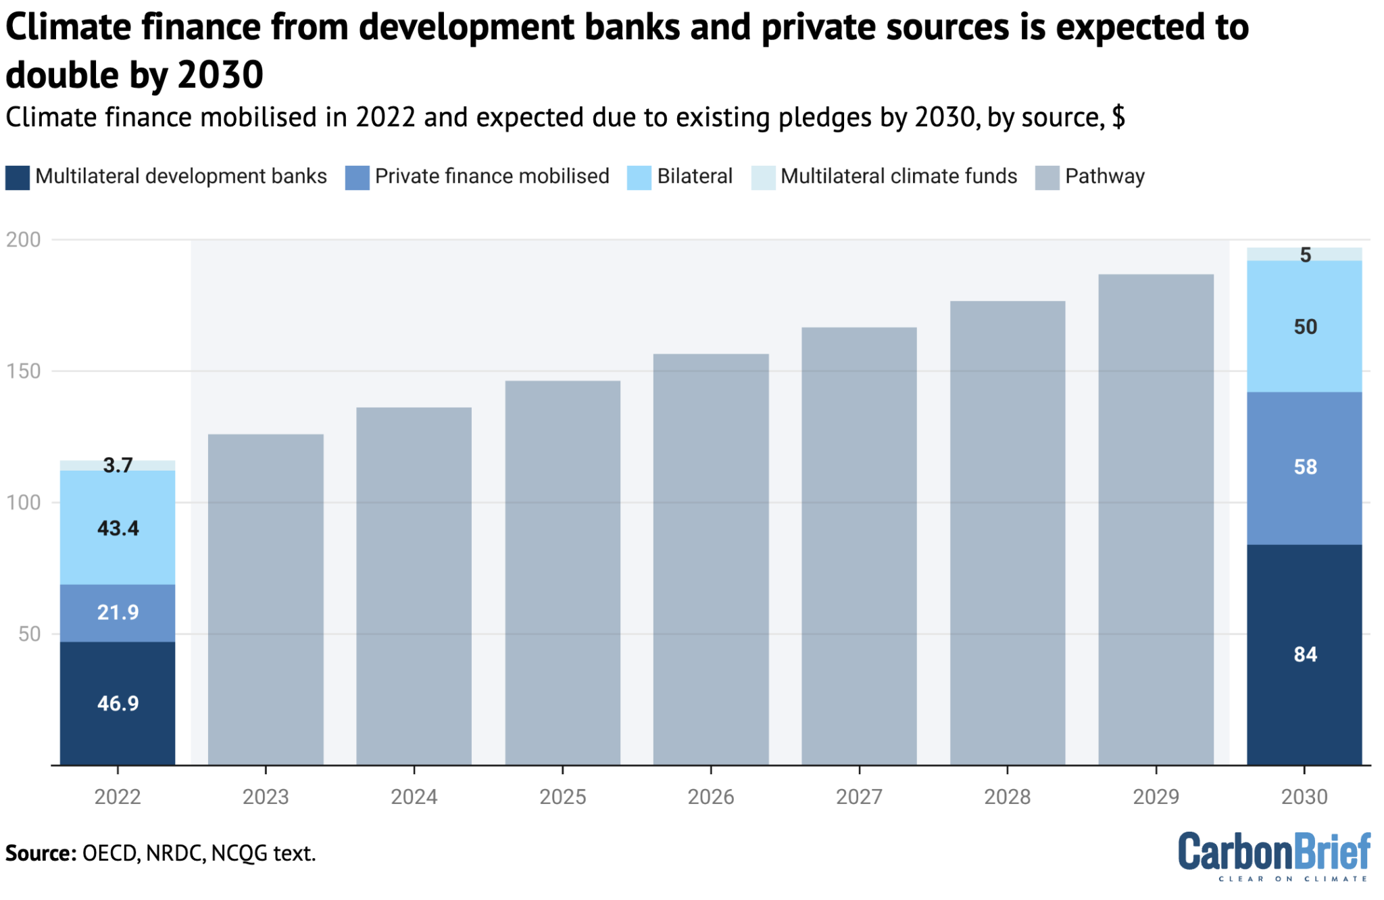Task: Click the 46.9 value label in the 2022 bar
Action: click(x=118, y=703)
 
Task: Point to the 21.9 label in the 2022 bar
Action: click(x=118, y=612)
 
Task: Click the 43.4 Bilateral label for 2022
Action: click(x=118, y=528)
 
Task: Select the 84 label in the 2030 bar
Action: click(x=1305, y=654)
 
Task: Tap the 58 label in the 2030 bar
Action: click(x=1305, y=467)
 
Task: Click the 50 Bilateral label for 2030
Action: click(x=1305, y=327)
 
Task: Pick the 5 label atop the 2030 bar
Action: click(x=1305, y=255)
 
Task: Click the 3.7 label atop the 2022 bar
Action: click(x=118, y=465)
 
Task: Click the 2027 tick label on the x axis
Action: click(x=859, y=797)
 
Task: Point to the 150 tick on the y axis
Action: click(x=24, y=371)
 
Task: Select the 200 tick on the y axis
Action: click(x=24, y=239)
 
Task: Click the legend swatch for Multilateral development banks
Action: click(x=18, y=178)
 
